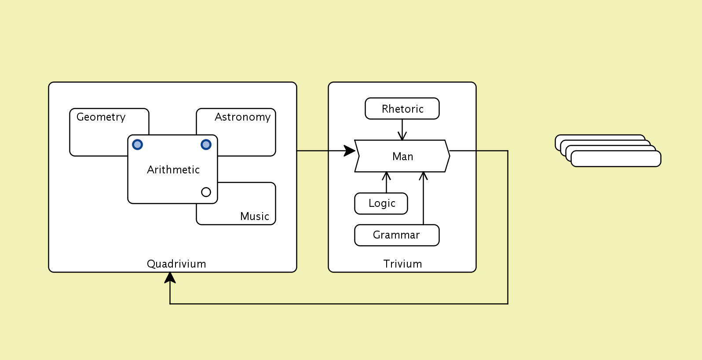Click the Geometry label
pos(101,117)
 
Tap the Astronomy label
pos(242,117)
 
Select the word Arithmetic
pos(173,170)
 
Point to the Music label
pos(254,217)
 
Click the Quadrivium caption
pos(176,264)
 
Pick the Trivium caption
pos(402,264)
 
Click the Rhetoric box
pos(402,109)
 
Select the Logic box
pos(381,204)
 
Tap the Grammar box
pos(396,235)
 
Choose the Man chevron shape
pos(402,156)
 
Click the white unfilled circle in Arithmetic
pos(206,192)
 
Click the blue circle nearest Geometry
pos(138,144)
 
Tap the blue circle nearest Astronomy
pos(206,144)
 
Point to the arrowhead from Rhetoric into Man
pos(402,137)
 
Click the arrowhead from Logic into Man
pos(386,176)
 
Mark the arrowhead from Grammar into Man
pos(423,176)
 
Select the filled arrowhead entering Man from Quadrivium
pos(350,151)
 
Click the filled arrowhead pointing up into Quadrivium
pos(170,278)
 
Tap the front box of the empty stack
pos(616,159)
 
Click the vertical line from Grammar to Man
pos(423,202)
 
